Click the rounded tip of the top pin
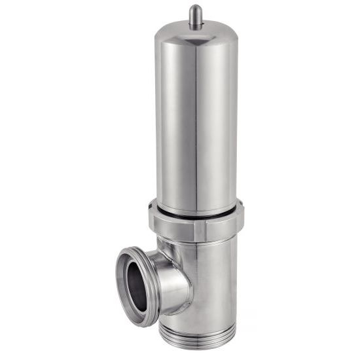pos(195,9)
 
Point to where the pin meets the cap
pos(195,26)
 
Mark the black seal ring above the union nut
pos(196,212)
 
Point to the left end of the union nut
pos(152,221)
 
